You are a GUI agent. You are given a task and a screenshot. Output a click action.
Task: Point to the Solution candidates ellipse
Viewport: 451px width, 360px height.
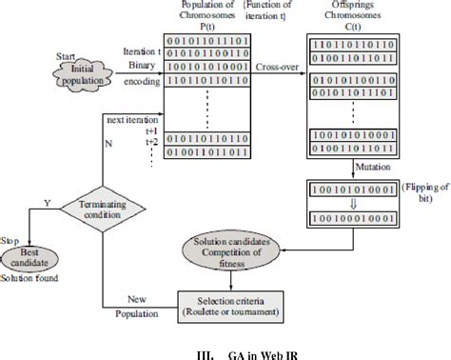click(233, 251)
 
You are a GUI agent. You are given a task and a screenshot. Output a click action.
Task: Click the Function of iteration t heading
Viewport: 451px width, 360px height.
click(276, 10)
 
